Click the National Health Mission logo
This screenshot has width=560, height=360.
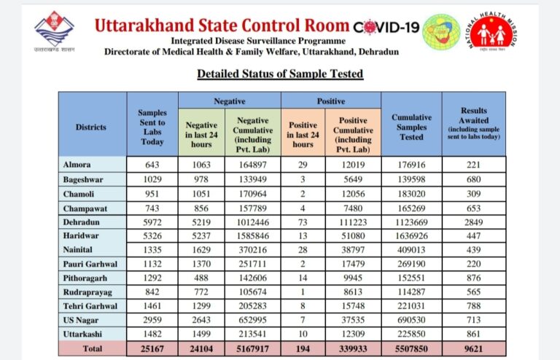pos(491,31)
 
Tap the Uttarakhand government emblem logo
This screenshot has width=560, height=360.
pos(54,31)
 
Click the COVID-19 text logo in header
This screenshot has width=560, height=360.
pos(386,27)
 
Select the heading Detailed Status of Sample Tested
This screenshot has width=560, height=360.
pos(280,74)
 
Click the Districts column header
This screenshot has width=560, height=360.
pos(90,127)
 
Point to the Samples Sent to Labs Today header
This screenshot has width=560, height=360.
pos(152,127)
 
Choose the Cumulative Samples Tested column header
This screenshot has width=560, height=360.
pos(411,127)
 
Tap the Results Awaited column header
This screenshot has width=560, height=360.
pos(473,122)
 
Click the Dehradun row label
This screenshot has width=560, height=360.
pos(81,222)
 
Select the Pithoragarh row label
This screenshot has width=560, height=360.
pos(85,278)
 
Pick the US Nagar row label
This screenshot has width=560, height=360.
pos(80,320)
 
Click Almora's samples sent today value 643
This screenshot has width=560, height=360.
pos(152,165)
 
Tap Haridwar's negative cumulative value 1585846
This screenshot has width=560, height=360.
pos(253,236)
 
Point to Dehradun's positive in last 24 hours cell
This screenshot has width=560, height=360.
pos(303,222)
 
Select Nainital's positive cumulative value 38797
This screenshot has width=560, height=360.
pos(353,250)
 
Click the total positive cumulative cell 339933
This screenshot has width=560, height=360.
pos(353,348)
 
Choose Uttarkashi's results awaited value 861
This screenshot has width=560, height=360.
pos(473,334)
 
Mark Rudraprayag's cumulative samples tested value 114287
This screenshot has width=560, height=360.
pos(411,291)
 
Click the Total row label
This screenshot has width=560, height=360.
pos(92,348)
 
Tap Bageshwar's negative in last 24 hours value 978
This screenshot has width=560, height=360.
pos(201,179)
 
